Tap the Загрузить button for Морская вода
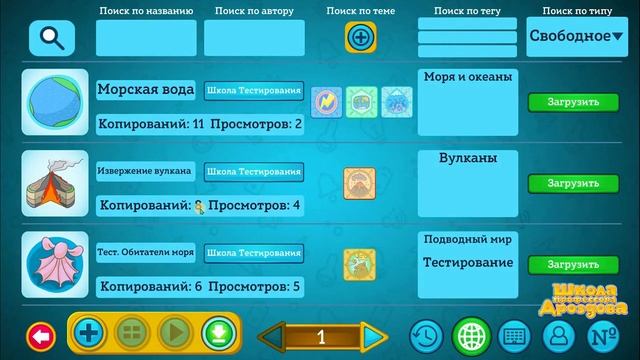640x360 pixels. point(573,102)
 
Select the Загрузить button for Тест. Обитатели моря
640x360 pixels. point(573,264)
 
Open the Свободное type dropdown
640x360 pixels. point(575,36)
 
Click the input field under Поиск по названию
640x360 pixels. point(146,38)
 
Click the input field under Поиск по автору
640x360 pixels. point(254,38)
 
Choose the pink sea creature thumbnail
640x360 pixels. point(54,264)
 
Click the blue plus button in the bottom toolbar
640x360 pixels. point(90,333)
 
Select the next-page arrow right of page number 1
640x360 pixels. point(374,335)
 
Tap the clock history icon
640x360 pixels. point(426,334)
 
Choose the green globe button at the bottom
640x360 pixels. point(470,334)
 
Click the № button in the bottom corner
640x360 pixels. point(600,334)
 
